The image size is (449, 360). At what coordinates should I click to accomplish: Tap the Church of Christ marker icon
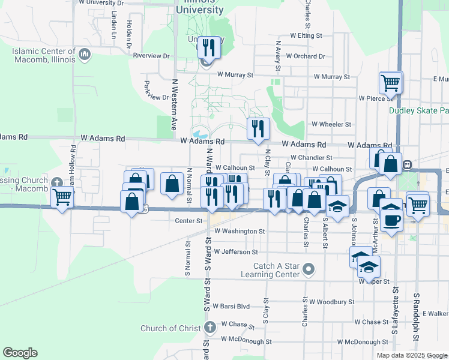coord(209,328)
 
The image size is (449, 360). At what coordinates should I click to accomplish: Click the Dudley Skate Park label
coord(418,110)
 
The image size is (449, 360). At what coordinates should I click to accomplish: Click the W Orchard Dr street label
coord(305,56)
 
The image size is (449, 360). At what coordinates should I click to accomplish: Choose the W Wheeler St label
coord(331,124)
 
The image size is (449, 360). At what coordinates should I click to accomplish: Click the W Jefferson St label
coord(235,252)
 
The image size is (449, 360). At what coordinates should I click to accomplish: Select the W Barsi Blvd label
coord(231,306)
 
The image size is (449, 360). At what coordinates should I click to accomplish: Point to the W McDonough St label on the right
coord(364,342)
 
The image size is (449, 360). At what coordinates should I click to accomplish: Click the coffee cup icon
coord(391,220)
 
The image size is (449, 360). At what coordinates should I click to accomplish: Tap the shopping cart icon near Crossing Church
coord(62,197)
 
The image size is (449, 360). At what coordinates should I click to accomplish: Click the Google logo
coord(20,353)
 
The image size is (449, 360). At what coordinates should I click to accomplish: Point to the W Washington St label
coord(239,230)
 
